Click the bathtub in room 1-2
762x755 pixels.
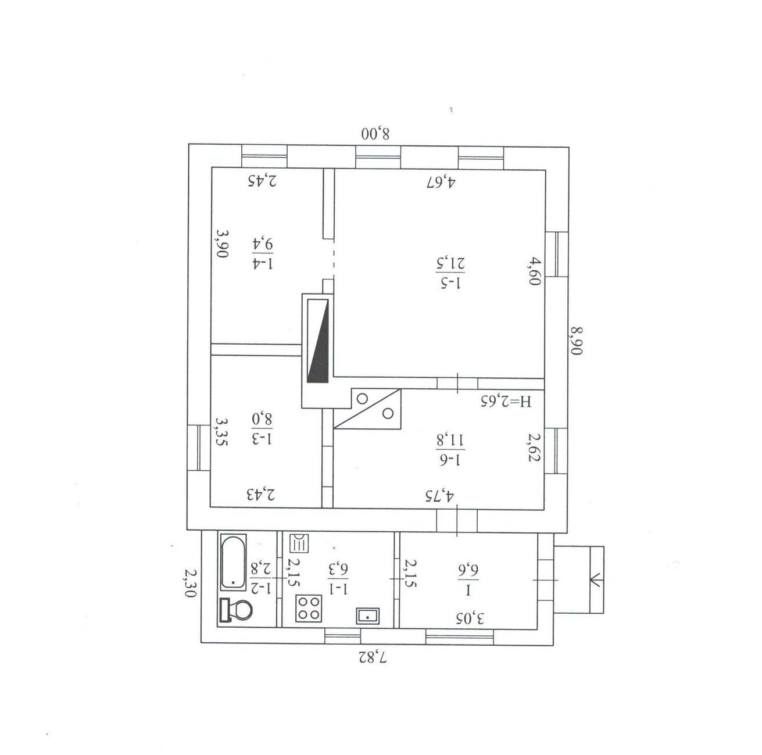(x=233, y=563)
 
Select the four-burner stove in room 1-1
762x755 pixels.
(x=309, y=608)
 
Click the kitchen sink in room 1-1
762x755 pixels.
(x=368, y=616)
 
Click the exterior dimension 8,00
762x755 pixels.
(x=375, y=134)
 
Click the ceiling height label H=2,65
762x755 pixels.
(x=507, y=402)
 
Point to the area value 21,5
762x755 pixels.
(x=450, y=263)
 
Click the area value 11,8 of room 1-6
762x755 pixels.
(x=450, y=439)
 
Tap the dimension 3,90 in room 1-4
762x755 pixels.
(x=222, y=244)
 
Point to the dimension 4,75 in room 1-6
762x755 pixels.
(x=440, y=495)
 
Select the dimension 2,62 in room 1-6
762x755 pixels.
(x=534, y=447)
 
